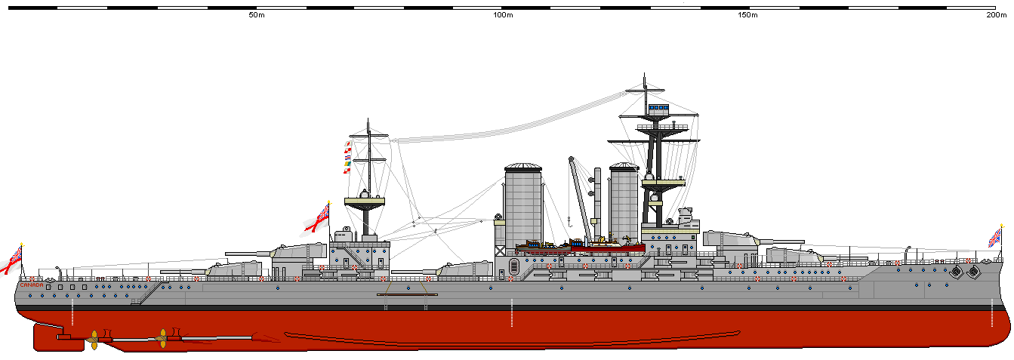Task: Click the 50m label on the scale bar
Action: click(255, 15)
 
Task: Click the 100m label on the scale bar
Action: click(503, 15)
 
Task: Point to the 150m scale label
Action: click(747, 15)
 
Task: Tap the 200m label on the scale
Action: click(995, 15)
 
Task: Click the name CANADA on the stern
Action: click(31, 285)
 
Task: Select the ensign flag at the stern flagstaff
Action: click(11, 259)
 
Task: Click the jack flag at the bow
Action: click(996, 237)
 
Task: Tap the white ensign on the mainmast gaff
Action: click(318, 217)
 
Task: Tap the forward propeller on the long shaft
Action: click(161, 338)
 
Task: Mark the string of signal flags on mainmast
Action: click(348, 157)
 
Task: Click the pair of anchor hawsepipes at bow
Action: click(964, 270)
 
